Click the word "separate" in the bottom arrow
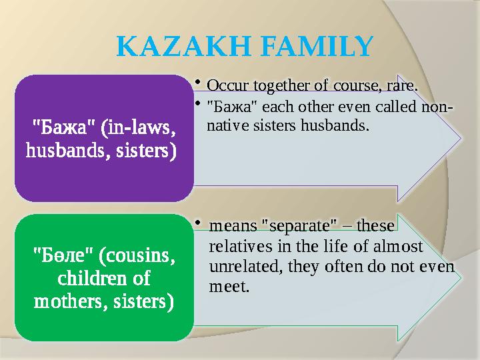[x=294, y=227]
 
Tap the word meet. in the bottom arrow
[x=229, y=287]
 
